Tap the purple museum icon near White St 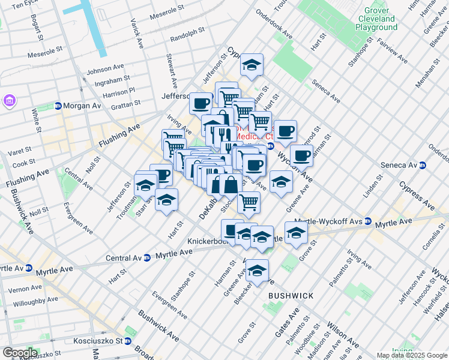tap(10, 100)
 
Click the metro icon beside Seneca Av tap(423, 165)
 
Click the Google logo tap(20, 352)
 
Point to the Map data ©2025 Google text tap(412, 355)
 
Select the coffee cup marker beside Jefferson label tap(200, 103)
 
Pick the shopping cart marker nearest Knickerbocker tap(249, 202)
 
